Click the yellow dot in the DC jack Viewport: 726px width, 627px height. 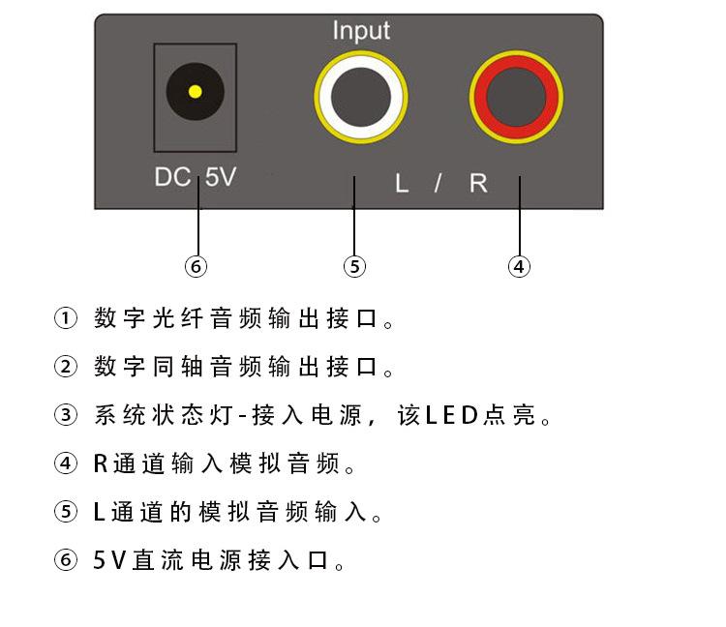pyautogui.click(x=195, y=93)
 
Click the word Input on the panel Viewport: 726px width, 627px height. pyautogui.click(x=361, y=30)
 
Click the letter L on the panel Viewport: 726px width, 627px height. pyautogui.click(x=402, y=183)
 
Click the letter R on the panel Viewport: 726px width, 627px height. pyautogui.click(x=478, y=183)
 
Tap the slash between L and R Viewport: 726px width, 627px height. pyautogui.click(x=438, y=183)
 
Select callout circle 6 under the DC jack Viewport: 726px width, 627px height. pyautogui.click(x=197, y=266)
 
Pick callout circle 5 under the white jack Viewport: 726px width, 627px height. pyautogui.click(x=355, y=266)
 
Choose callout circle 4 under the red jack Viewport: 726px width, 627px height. pyautogui.click(x=520, y=266)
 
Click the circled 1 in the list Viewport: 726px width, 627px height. pyautogui.click(x=65, y=318)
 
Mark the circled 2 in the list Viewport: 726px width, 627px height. pyautogui.click(x=65, y=368)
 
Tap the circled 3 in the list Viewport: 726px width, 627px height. pyautogui.click(x=65, y=416)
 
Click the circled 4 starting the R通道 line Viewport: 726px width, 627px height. pyautogui.click(x=65, y=464)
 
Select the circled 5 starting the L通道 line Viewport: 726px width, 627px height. pyautogui.click(x=65, y=513)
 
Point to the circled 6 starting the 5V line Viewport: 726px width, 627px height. pyautogui.click(x=65, y=561)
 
